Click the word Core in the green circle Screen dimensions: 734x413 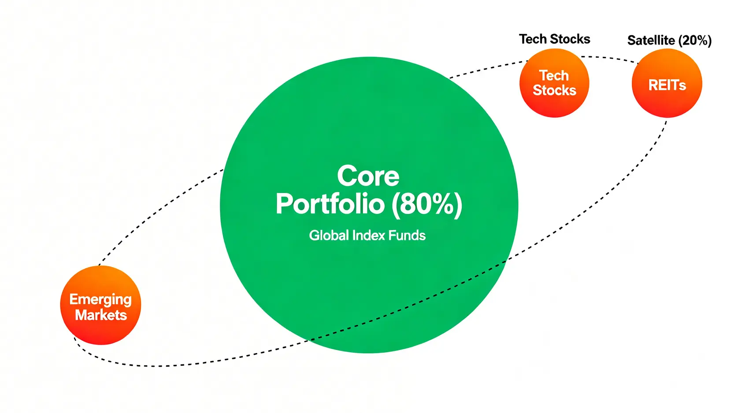click(x=368, y=176)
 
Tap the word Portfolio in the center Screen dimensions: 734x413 click(x=330, y=204)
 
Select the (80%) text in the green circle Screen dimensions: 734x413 click(x=427, y=205)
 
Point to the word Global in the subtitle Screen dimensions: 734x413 click(x=329, y=235)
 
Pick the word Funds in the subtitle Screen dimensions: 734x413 click(x=407, y=235)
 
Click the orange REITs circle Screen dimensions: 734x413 click(x=667, y=83)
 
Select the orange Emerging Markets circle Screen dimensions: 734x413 click(x=100, y=305)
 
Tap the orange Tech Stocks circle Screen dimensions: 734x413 click(x=554, y=83)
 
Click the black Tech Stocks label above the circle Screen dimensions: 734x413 click(x=555, y=39)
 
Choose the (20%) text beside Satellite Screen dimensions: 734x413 click(x=695, y=41)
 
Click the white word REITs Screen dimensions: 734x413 click(x=667, y=85)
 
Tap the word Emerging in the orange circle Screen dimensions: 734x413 click(x=100, y=300)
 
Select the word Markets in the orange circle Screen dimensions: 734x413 click(x=101, y=315)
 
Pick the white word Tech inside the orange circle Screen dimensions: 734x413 click(x=554, y=76)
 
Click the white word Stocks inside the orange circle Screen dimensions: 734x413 click(x=554, y=90)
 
